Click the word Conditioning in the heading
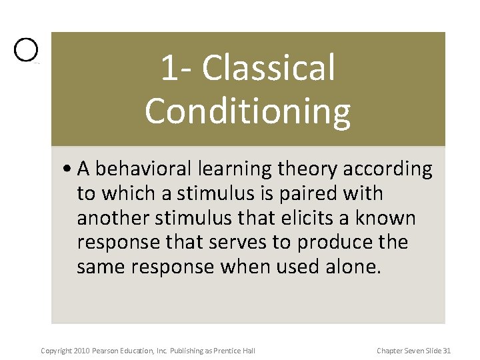247,111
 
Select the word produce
332,243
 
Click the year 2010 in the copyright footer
80,351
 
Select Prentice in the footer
230,351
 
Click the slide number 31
447,351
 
